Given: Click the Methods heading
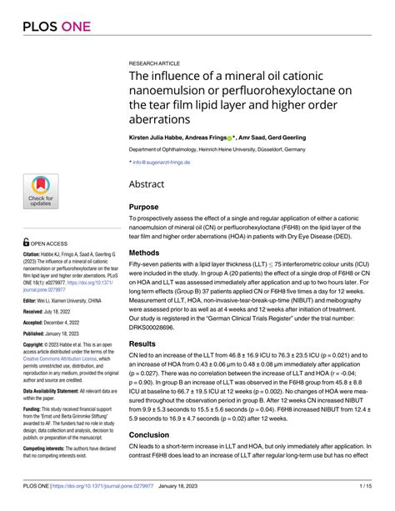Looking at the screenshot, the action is [150, 252].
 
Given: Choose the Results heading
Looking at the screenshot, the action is [147, 343].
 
